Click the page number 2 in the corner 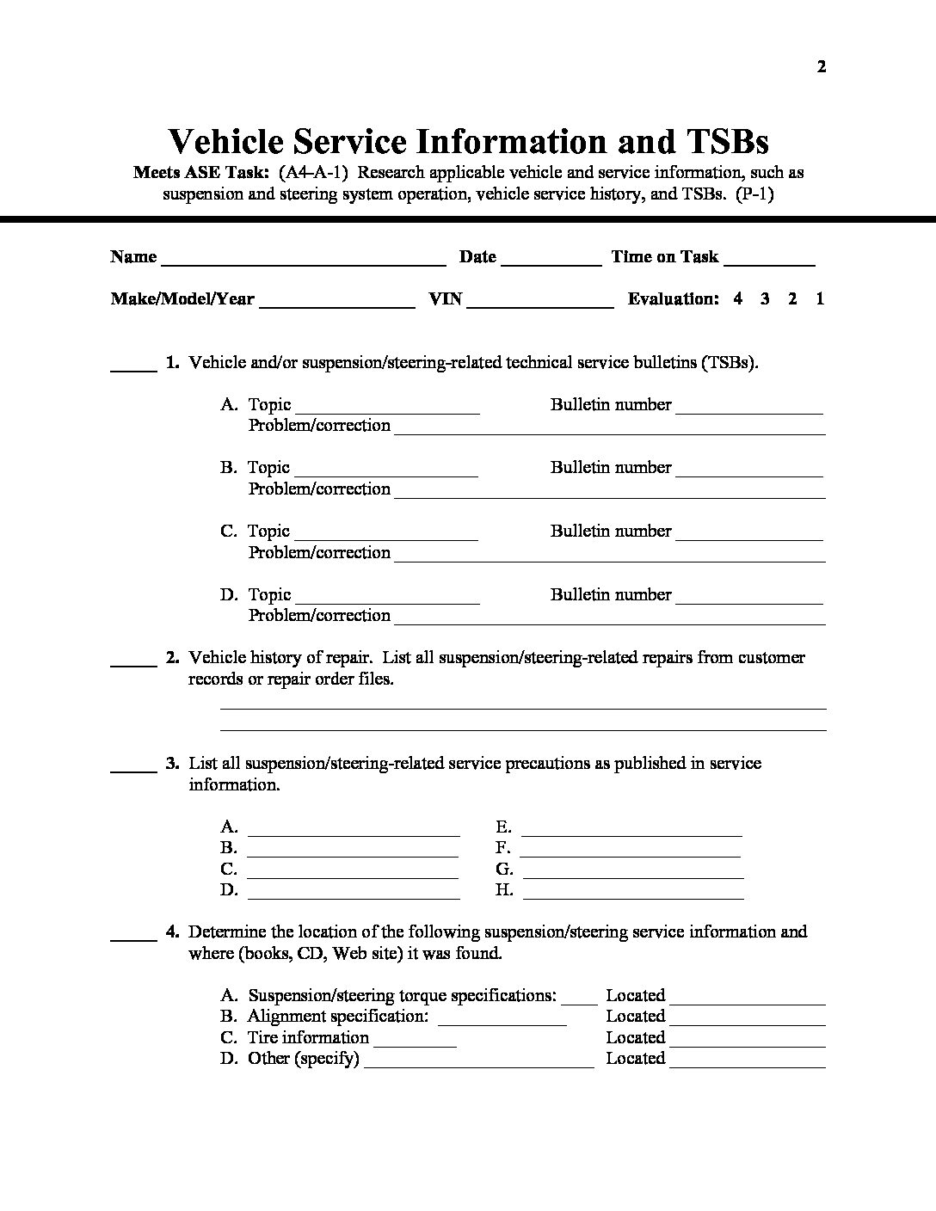tap(822, 67)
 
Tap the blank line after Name tap(303, 259)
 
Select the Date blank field tap(551, 259)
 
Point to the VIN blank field tap(540, 301)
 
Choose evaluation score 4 tap(738, 298)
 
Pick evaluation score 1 tap(820, 298)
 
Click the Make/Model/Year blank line tap(337, 301)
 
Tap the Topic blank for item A tap(387, 408)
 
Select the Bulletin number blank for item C tap(749, 534)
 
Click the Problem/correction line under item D tap(610, 618)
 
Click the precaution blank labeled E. tap(631, 830)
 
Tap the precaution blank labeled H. tap(633, 893)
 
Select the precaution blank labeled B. tap(353, 851)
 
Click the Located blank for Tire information tap(747, 1041)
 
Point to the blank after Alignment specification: tap(502, 1020)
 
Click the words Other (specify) tap(304, 1058)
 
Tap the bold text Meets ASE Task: tap(202, 172)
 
